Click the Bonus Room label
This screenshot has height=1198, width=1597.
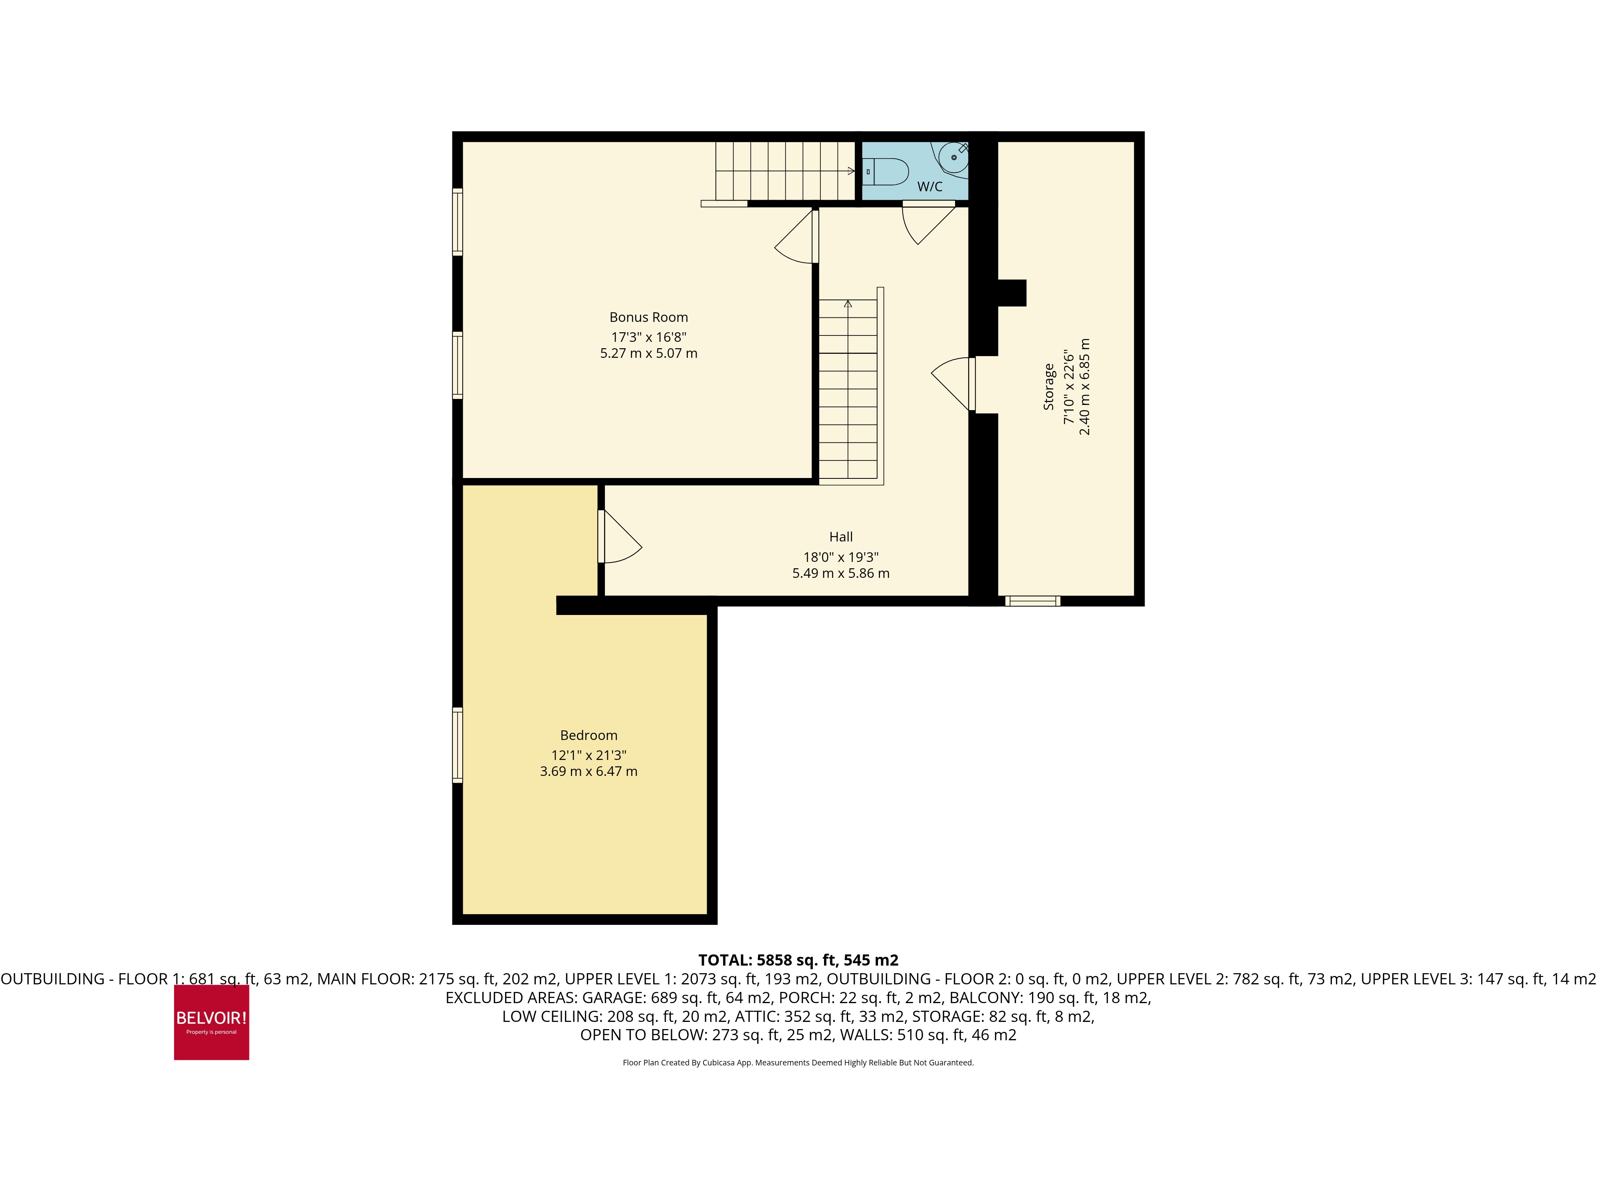point(648,317)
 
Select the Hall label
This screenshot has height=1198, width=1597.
point(840,537)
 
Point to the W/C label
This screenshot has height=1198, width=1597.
point(929,186)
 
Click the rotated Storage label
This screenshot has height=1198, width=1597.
point(1048,387)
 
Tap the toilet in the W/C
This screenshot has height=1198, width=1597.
point(887,171)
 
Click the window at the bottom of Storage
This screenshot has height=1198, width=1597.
point(1032,601)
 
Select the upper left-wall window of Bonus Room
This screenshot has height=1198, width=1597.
point(457,222)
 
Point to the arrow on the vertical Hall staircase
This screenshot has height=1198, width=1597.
point(848,304)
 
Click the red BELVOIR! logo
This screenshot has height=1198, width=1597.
point(212,1022)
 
